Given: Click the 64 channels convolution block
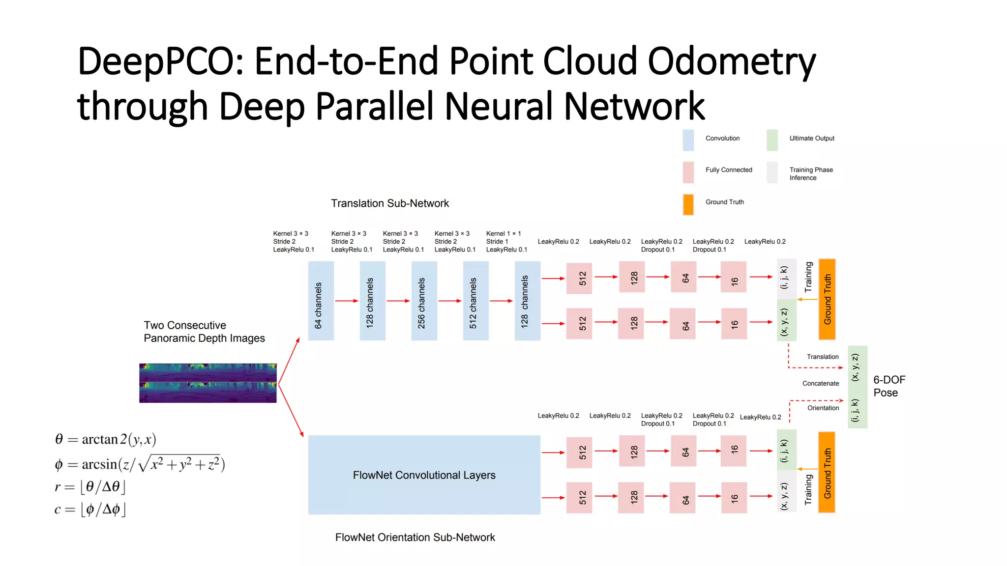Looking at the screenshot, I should [x=321, y=301].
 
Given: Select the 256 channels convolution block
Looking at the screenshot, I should [x=424, y=301].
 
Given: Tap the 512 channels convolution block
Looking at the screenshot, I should [x=475, y=301].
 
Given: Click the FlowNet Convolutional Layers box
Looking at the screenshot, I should [x=424, y=475].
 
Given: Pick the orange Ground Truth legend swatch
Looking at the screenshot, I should [x=688, y=204].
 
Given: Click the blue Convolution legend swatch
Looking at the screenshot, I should [x=688, y=140].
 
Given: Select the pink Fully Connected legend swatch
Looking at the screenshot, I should [x=688, y=172].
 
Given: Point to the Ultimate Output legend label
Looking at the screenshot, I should [x=811, y=139].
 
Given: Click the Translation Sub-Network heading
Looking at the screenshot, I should [x=389, y=203].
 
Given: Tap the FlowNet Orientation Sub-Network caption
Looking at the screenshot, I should [x=415, y=537].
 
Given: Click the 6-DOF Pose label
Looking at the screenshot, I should [x=889, y=386].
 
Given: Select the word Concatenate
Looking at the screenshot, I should [x=820, y=383].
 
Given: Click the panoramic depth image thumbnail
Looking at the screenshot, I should [x=207, y=383].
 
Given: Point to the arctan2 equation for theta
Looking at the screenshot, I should [x=105, y=439].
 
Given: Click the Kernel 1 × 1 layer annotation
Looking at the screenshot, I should [x=506, y=241].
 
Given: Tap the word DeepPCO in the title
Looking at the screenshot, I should [x=160, y=61].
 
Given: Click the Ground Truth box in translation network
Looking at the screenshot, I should [x=827, y=299].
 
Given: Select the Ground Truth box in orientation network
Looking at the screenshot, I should [x=827, y=472].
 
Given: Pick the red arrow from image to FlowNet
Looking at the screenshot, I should [x=291, y=411].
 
